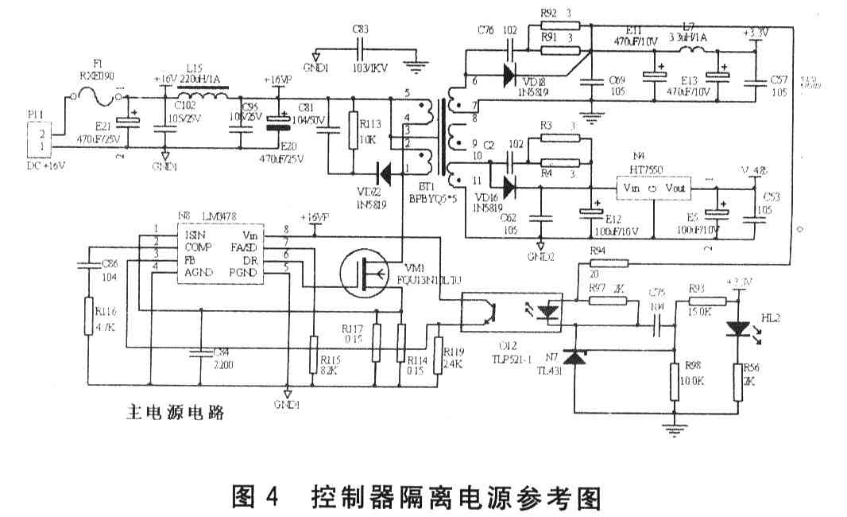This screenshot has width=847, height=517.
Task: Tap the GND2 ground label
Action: coord(540,256)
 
